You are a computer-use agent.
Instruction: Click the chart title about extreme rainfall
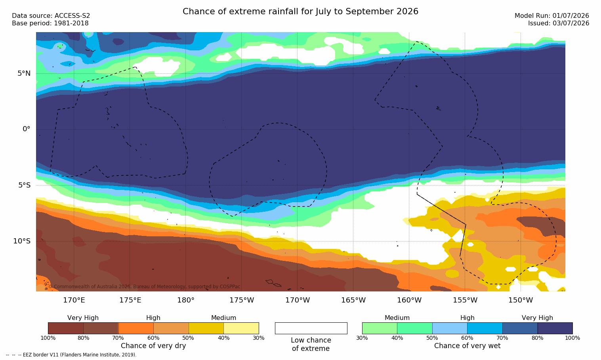coord(300,11)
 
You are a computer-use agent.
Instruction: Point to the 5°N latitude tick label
coord(24,73)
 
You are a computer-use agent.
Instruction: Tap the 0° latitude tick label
coord(26,129)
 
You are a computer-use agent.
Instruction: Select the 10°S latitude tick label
coord(22,241)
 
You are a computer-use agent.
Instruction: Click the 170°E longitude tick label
coord(74,300)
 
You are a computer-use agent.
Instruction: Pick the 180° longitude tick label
coord(186,300)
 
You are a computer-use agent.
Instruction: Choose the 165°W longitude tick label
coord(353,300)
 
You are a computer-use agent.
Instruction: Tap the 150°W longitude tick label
coord(521,300)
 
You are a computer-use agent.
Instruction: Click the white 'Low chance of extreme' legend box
coord(311,328)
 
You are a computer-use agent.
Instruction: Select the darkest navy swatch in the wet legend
coord(555,328)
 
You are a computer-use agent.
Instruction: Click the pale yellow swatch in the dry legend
coord(241,328)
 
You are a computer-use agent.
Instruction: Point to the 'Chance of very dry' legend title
coord(153,346)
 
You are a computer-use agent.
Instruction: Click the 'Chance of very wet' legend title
coord(467,346)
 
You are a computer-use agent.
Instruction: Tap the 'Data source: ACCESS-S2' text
coord(51,16)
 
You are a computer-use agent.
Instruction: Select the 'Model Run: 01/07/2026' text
coord(551,16)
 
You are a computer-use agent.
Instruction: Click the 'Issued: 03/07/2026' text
coord(559,23)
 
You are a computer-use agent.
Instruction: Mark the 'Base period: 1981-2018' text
coord(50,23)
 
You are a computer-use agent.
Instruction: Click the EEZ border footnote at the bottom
coord(71,354)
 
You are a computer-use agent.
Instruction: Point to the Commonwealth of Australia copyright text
coord(144,287)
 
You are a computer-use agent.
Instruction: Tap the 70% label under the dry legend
coord(118,338)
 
